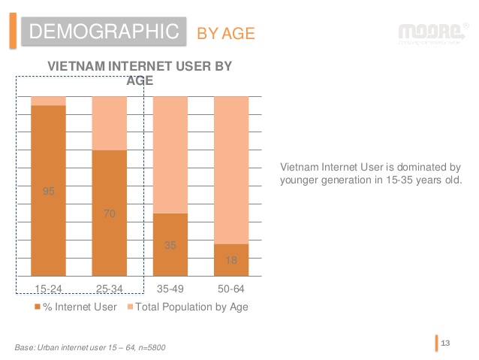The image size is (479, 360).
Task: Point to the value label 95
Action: click(49, 192)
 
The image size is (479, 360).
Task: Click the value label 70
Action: click(110, 214)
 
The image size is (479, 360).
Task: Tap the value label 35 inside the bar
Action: click(170, 245)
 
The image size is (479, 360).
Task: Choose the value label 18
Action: click(231, 260)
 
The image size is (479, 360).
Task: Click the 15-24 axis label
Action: click(48, 288)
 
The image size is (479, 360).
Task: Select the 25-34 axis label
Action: click(110, 288)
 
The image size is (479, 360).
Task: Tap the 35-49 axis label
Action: click(170, 288)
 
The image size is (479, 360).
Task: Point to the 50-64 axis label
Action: click(231, 288)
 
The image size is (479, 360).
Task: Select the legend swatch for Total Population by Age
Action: click(129, 307)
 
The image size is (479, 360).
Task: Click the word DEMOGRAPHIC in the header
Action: click(101, 32)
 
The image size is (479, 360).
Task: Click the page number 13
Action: click(445, 343)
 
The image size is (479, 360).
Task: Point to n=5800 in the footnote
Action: click(148, 347)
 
